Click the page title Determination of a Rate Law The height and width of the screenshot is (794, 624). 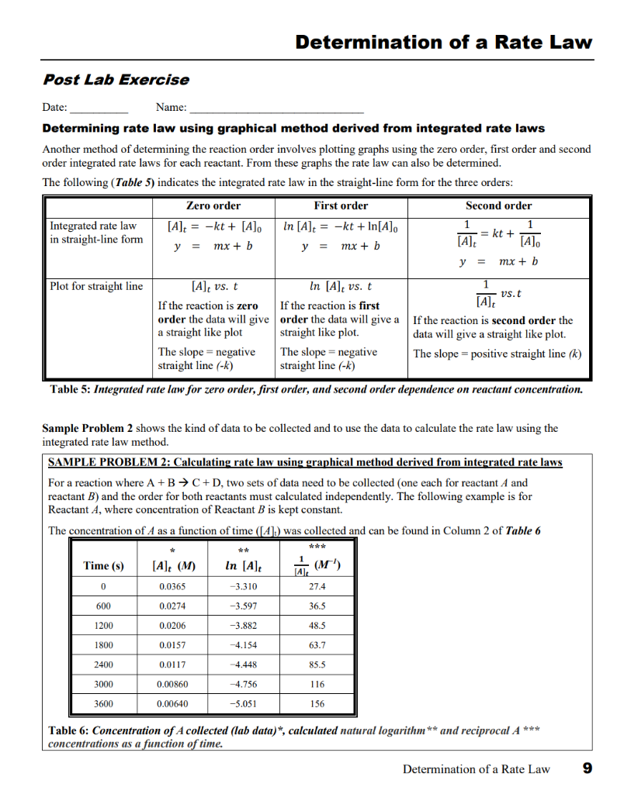click(x=443, y=43)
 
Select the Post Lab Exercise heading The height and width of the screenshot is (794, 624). click(x=115, y=80)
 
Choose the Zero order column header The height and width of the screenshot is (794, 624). click(x=213, y=205)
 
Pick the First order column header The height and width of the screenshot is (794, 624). click(x=341, y=205)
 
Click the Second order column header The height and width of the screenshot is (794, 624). click(x=498, y=205)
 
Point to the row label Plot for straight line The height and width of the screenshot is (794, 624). click(x=96, y=286)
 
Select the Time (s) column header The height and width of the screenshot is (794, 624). click(x=103, y=566)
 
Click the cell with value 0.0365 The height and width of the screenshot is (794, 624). click(x=172, y=587)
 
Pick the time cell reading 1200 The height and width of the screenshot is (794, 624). click(x=103, y=626)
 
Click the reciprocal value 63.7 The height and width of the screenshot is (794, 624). click(x=317, y=645)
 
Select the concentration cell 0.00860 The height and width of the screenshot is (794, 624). click(x=172, y=685)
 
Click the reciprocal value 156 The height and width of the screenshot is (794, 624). click(x=317, y=704)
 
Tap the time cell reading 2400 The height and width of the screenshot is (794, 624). click(x=103, y=665)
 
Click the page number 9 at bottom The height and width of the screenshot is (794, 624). click(x=587, y=768)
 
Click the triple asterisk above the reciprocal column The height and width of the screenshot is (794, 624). click(x=317, y=547)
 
